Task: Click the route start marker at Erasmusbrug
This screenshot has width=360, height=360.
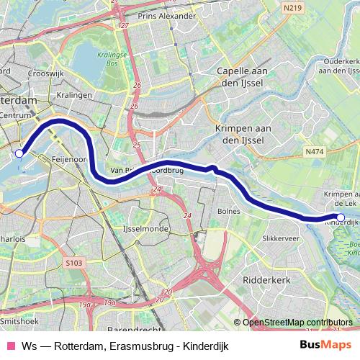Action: (19, 153)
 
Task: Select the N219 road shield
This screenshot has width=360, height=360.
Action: (292, 6)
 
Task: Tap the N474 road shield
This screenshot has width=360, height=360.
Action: (314, 152)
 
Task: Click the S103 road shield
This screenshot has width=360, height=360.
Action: (73, 264)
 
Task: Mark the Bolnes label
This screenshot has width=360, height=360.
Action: (229, 212)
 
